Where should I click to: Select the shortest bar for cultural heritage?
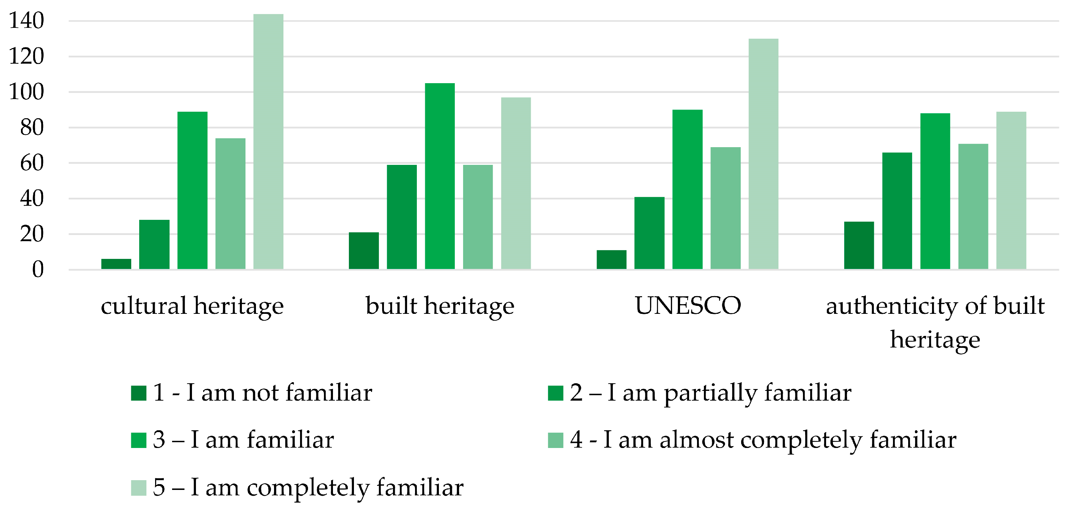pyautogui.click(x=116, y=264)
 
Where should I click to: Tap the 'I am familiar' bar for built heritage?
pyautogui.click(x=440, y=176)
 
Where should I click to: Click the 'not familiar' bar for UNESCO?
pyautogui.click(x=611, y=260)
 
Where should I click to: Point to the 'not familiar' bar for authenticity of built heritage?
pyautogui.click(x=859, y=246)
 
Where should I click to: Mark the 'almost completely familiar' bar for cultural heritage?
pyautogui.click(x=230, y=204)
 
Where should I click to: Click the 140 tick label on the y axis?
pyautogui.click(x=26, y=21)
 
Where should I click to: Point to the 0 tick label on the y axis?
pyautogui.click(x=38, y=270)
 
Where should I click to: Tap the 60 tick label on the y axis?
pyautogui.click(x=32, y=163)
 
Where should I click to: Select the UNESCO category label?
pyautogui.click(x=688, y=306)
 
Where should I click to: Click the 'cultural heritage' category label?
pyautogui.click(x=192, y=306)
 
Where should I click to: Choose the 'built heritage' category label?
pyautogui.click(x=440, y=306)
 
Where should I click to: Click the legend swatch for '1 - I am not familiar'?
pyautogui.click(x=138, y=393)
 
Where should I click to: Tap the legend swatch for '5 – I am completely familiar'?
pyautogui.click(x=138, y=487)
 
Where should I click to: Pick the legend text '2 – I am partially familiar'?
pyautogui.click(x=710, y=393)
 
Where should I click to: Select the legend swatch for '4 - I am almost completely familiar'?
pyautogui.click(x=555, y=440)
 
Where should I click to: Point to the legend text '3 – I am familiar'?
pyautogui.click(x=243, y=440)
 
